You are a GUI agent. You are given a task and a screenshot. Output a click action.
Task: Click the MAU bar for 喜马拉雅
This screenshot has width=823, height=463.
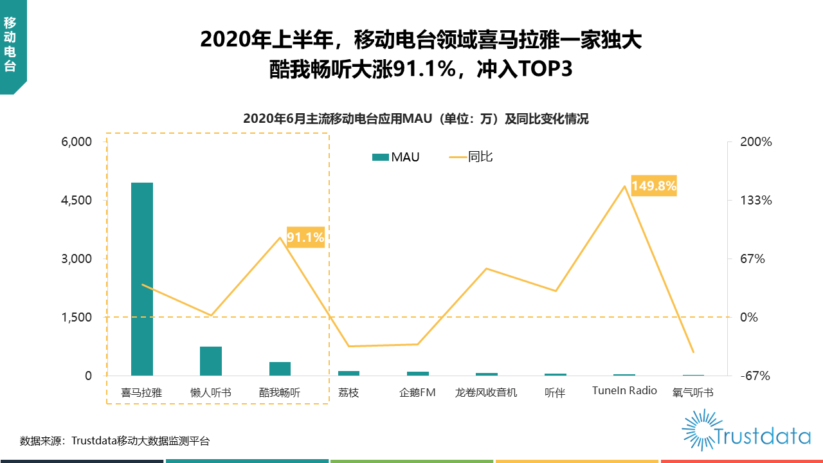[x=141, y=279]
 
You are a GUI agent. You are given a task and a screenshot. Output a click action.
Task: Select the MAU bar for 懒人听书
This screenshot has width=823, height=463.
[x=211, y=361]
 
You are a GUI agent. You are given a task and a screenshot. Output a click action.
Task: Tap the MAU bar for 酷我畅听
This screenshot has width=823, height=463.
[x=280, y=369]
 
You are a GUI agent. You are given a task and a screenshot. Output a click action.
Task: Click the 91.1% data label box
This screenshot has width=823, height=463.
[x=305, y=238]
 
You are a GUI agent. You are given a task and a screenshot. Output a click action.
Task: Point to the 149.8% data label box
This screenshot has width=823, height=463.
[x=654, y=186]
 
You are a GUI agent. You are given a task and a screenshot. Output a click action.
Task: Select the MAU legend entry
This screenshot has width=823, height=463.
[x=396, y=157]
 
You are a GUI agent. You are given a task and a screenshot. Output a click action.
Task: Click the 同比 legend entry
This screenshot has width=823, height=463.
[x=471, y=156]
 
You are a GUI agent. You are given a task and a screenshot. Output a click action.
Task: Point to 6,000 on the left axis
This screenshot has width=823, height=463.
[x=77, y=142]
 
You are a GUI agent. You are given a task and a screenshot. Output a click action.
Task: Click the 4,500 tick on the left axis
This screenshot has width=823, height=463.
[x=77, y=201]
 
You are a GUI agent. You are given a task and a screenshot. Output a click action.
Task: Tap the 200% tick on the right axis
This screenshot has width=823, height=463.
[x=756, y=142]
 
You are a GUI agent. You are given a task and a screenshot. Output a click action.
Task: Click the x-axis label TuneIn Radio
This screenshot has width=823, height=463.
[x=624, y=391]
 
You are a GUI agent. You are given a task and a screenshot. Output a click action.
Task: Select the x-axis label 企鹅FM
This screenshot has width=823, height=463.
[x=417, y=392]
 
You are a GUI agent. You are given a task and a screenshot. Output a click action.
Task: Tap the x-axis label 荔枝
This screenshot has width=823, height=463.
[x=348, y=392]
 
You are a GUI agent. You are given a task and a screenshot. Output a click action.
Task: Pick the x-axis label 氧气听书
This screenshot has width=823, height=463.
[x=692, y=392]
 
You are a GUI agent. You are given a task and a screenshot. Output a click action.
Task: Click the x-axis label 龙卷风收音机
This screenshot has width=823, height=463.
[x=486, y=392]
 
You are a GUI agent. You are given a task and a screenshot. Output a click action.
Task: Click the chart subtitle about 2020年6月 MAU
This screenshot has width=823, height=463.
[x=416, y=119]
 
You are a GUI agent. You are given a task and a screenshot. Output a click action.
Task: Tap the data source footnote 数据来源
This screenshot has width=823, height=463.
[x=114, y=441]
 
